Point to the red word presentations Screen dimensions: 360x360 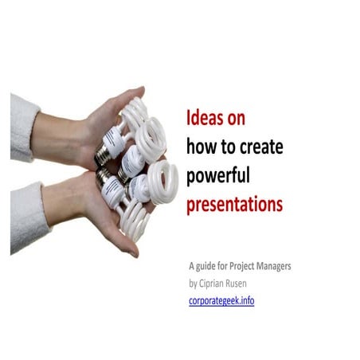click(234, 203)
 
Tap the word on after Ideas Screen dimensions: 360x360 click(236, 119)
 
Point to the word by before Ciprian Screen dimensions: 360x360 click(193, 284)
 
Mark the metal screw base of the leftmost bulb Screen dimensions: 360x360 click(103, 156)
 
